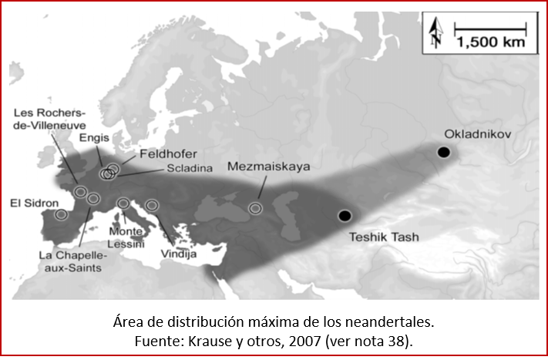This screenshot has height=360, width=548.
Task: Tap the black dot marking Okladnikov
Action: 443,153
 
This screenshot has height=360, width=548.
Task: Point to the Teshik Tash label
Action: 384,237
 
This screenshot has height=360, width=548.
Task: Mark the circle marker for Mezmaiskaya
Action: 255,207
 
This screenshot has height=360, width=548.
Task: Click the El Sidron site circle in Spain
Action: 62,216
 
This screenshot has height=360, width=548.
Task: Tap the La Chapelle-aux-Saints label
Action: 71,260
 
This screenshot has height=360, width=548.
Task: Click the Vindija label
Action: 179,254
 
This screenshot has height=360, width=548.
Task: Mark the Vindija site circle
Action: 152,205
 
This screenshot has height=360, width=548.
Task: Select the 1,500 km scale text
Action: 490,43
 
